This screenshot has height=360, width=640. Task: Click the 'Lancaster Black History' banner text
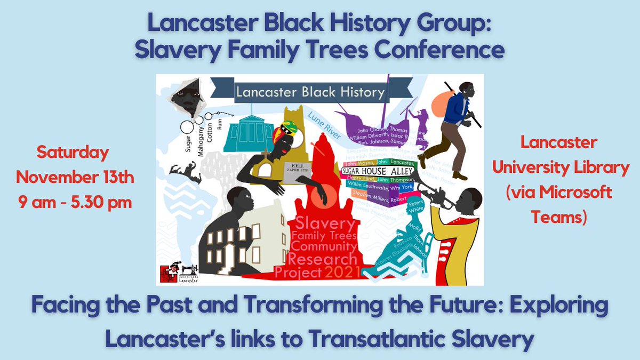tap(310, 92)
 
